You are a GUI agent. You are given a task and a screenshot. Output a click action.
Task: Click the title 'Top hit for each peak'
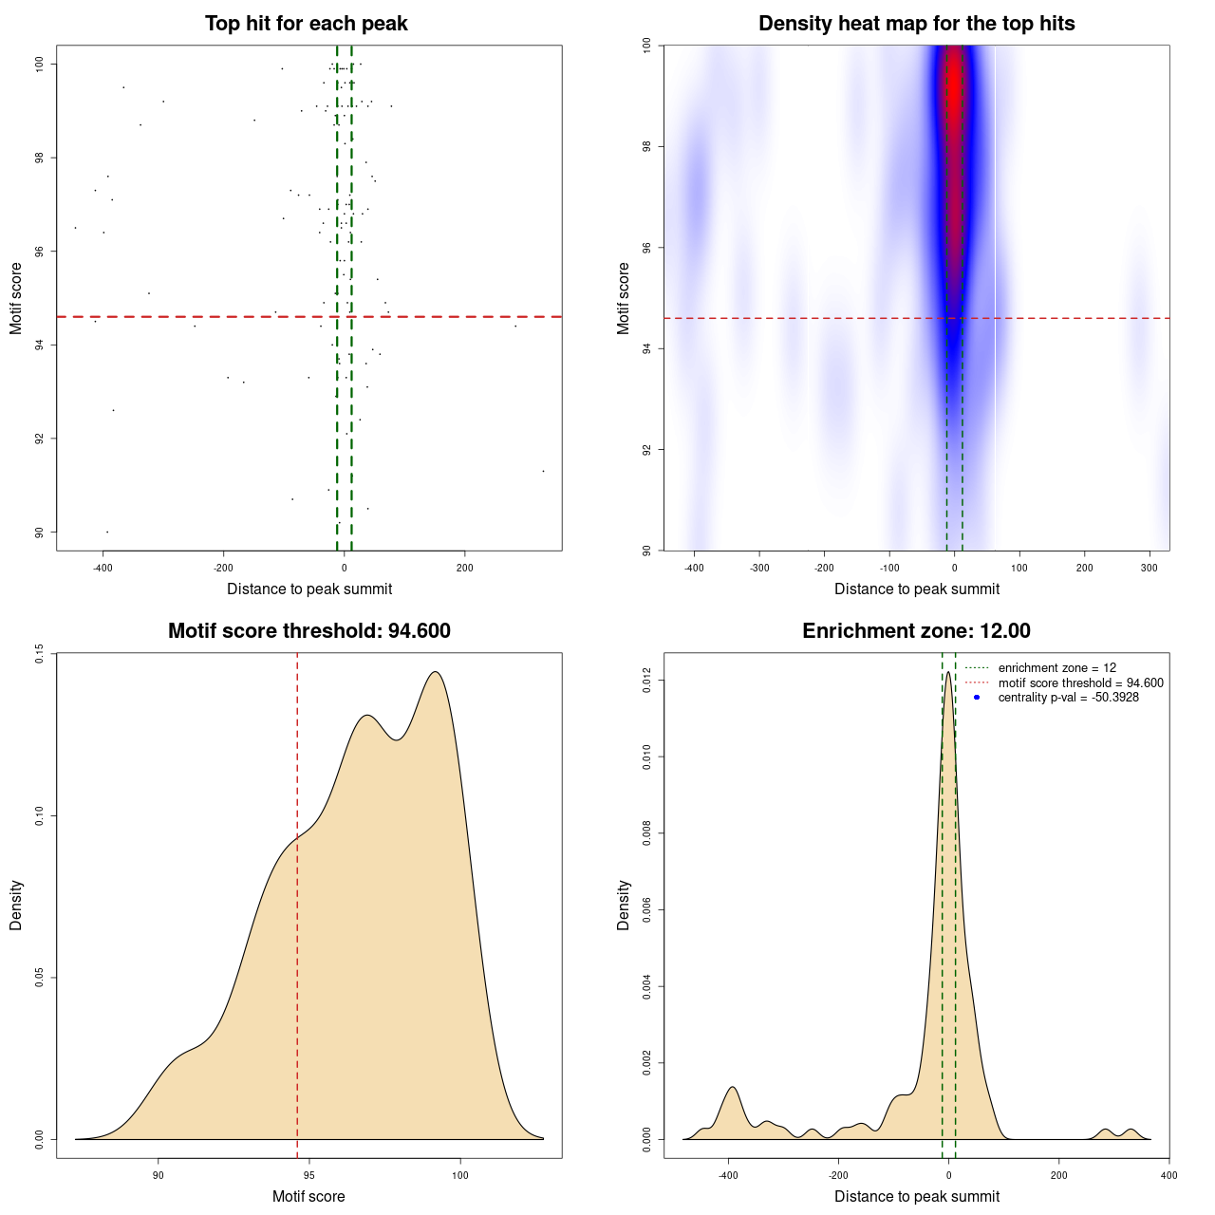306,24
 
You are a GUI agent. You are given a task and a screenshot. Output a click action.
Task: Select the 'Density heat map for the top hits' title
916,24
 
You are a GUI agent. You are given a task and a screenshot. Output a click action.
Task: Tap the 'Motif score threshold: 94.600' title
308,631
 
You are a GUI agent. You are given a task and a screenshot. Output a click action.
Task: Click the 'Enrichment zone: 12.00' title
916,631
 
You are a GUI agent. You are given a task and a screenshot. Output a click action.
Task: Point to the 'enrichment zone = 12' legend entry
1056,668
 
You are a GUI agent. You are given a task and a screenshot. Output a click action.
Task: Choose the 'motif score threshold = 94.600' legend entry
1080,683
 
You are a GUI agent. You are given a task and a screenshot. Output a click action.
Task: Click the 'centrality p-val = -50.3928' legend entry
1068,698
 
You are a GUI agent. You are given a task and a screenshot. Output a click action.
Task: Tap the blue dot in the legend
977,698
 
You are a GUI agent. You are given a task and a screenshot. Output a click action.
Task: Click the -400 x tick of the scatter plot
103,569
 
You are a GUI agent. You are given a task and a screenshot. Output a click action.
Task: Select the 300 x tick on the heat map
1150,569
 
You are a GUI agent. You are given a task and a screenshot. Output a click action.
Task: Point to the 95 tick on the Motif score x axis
309,1175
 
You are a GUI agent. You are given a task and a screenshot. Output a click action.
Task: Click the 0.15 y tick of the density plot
39,654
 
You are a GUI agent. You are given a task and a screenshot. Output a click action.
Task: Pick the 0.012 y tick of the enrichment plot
646,681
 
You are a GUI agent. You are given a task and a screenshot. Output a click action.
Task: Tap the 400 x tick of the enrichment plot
1168,1175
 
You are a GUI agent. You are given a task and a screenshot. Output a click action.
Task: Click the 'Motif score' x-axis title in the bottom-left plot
308,1196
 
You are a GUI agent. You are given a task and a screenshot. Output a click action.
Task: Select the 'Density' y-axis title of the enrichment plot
624,905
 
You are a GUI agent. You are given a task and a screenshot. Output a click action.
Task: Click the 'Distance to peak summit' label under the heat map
916,589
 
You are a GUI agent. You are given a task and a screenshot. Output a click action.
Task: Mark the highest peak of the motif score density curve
435,673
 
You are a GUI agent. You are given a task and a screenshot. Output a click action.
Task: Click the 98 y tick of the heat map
646,146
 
